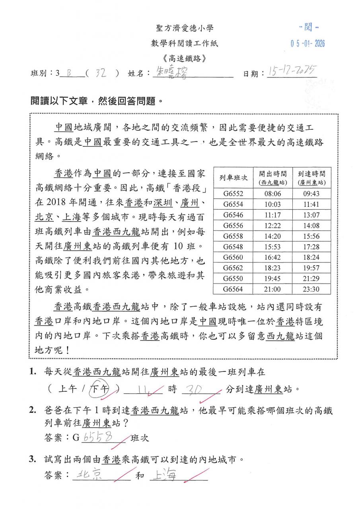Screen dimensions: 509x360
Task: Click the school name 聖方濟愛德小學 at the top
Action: [x=184, y=28]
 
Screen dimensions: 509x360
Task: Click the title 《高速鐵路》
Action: [x=184, y=58]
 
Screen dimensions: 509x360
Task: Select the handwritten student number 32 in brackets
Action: [x=101, y=74]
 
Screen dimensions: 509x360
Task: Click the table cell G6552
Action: [x=233, y=194]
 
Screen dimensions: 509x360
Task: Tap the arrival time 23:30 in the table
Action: [x=311, y=289]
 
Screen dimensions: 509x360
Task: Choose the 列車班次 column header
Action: [x=233, y=177]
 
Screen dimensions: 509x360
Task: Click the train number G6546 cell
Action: [x=233, y=215]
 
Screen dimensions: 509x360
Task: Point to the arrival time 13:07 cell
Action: [x=311, y=215]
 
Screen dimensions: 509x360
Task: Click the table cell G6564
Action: [x=233, y=289]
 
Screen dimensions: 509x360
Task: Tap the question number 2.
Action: [x=33, y=411]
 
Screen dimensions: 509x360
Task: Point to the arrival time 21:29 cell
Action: [x=311, y=278]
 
